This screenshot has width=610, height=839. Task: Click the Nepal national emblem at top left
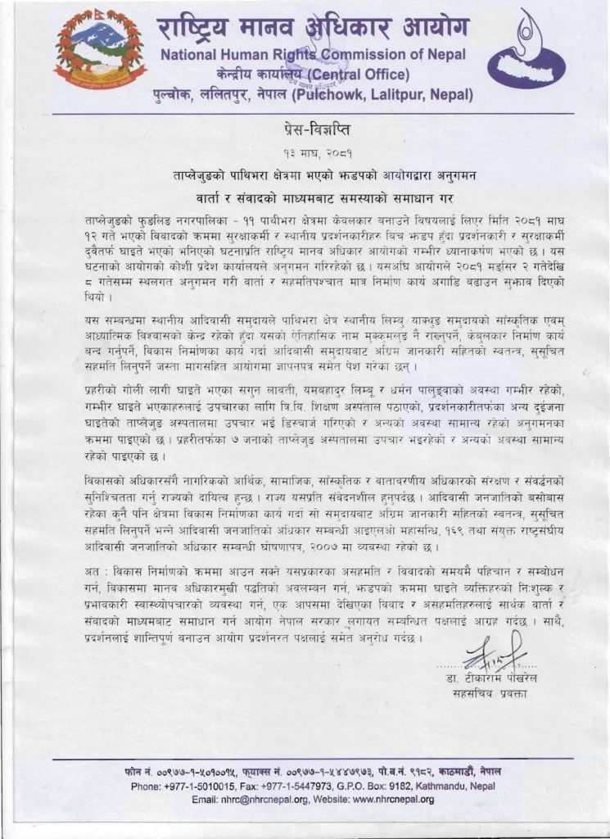coord(99,53)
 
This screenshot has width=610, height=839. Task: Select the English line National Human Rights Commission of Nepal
coord(313,56)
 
